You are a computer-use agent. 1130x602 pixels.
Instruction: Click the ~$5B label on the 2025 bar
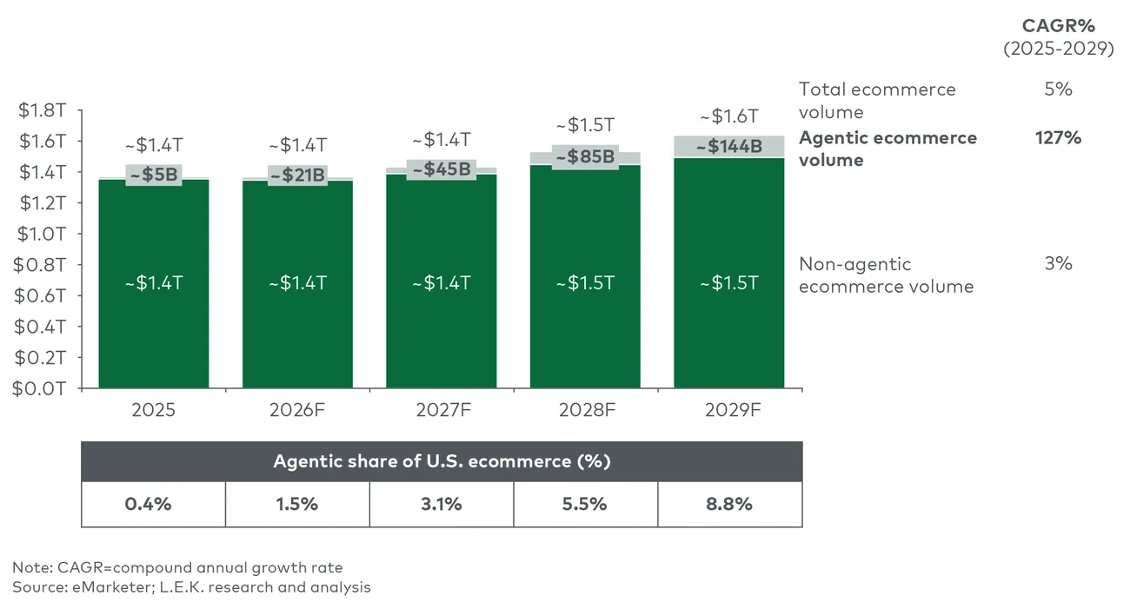pos(153,175)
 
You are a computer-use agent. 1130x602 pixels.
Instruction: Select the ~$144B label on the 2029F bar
pos(728,147)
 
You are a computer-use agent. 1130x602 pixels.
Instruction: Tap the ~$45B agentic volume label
pos(441,169)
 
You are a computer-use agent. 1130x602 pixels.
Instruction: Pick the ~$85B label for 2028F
pos(585,157)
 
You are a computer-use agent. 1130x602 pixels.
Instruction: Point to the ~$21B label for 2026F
pos(297,175)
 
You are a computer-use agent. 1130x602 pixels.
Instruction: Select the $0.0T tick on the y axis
pos(40,388)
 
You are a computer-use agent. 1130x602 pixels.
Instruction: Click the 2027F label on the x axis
pos(442,410)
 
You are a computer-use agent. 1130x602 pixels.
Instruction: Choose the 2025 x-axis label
pos(153,410)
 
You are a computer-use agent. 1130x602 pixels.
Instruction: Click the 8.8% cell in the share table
pos(729,504)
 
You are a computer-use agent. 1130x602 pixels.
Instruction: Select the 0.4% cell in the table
pos(153,504)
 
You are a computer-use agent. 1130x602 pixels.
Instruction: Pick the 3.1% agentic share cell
pos(442,504)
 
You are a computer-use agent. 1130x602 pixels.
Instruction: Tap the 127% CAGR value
pos(1058,137)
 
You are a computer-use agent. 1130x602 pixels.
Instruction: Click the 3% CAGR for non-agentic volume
pos(1058,264)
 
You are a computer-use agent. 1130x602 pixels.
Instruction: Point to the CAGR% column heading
pos(1058,26)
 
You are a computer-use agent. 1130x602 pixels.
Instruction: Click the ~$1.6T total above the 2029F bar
pos(729,116)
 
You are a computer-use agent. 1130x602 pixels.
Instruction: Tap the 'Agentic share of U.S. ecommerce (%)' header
pos(442,461)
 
